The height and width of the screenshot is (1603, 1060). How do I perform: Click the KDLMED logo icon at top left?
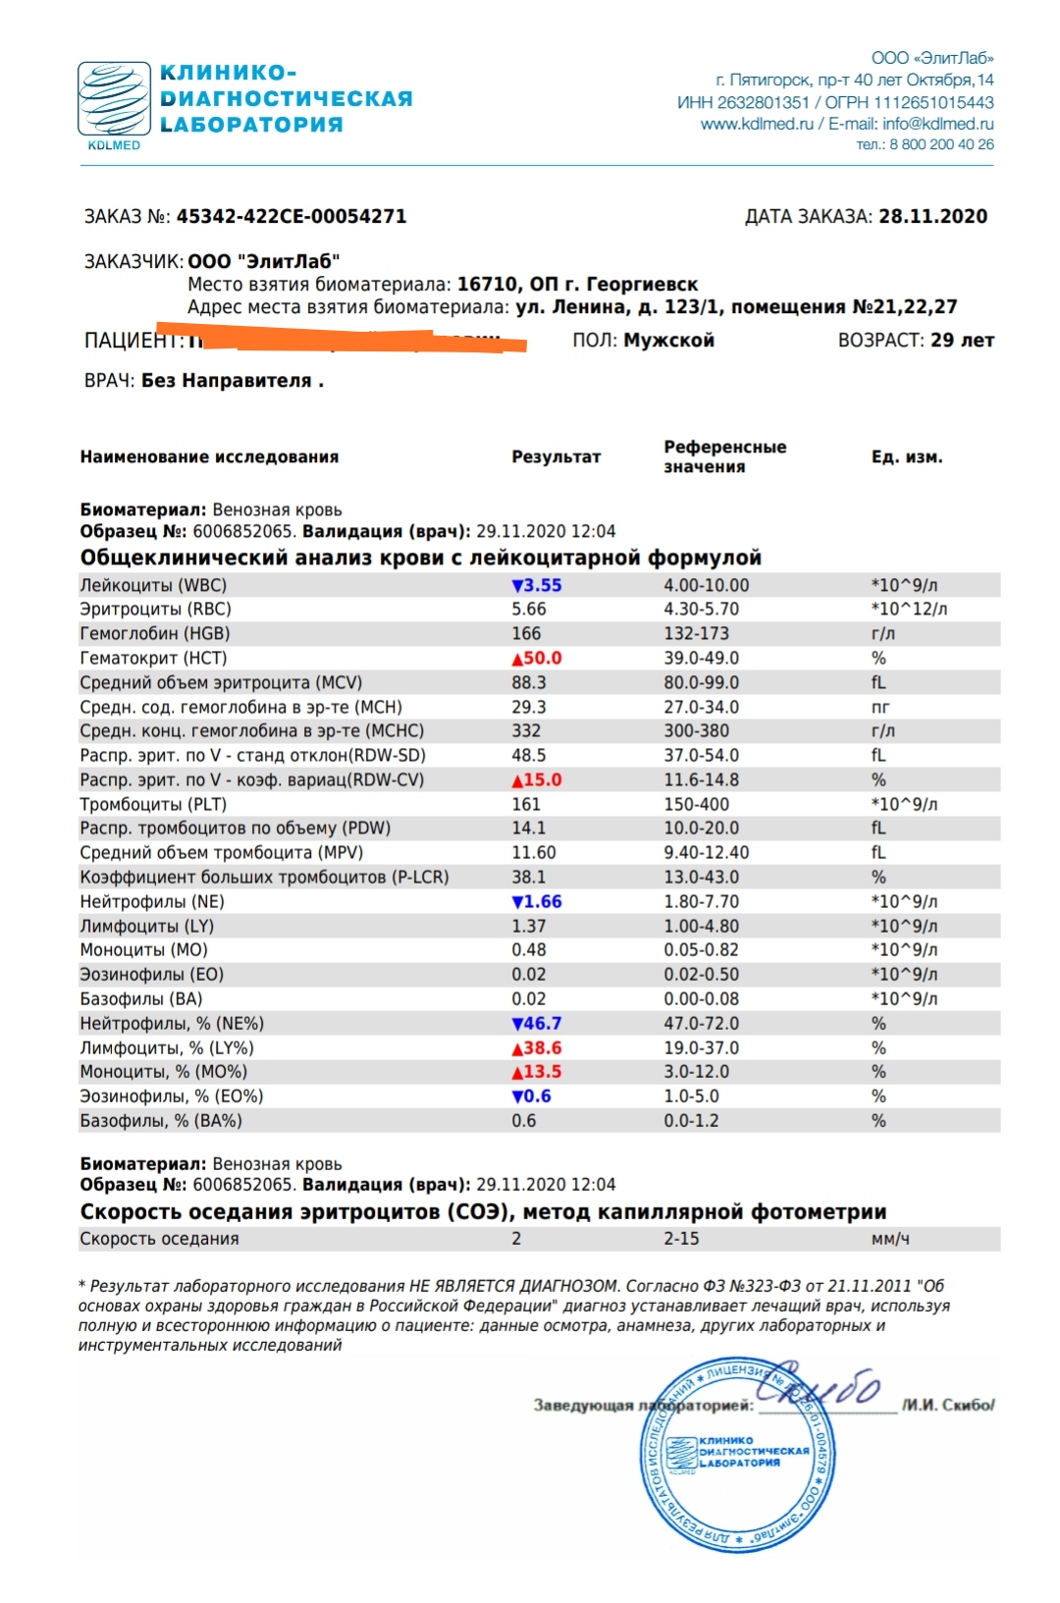click(x=114, y=99)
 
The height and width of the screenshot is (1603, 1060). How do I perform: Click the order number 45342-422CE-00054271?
click(x=291, y=217)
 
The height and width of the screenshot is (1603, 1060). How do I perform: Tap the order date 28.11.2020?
click(x=932, y=217)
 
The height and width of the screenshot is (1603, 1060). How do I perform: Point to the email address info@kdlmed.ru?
click(x=937, y=125)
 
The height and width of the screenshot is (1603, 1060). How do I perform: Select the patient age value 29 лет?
click(x=962, y=341)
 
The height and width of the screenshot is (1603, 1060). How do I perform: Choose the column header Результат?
click(x=556, y=457)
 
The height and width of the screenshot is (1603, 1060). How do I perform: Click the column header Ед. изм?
click(x=906, y=457)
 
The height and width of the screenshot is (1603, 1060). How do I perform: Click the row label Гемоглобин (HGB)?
click(x=155, y=634)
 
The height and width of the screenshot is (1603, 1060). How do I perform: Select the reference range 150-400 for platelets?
click(x=696, y=805)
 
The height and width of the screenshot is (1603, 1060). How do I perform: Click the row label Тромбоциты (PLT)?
click(x=153, y=805)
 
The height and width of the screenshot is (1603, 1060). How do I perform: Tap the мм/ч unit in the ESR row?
click(x=890, y=1240)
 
